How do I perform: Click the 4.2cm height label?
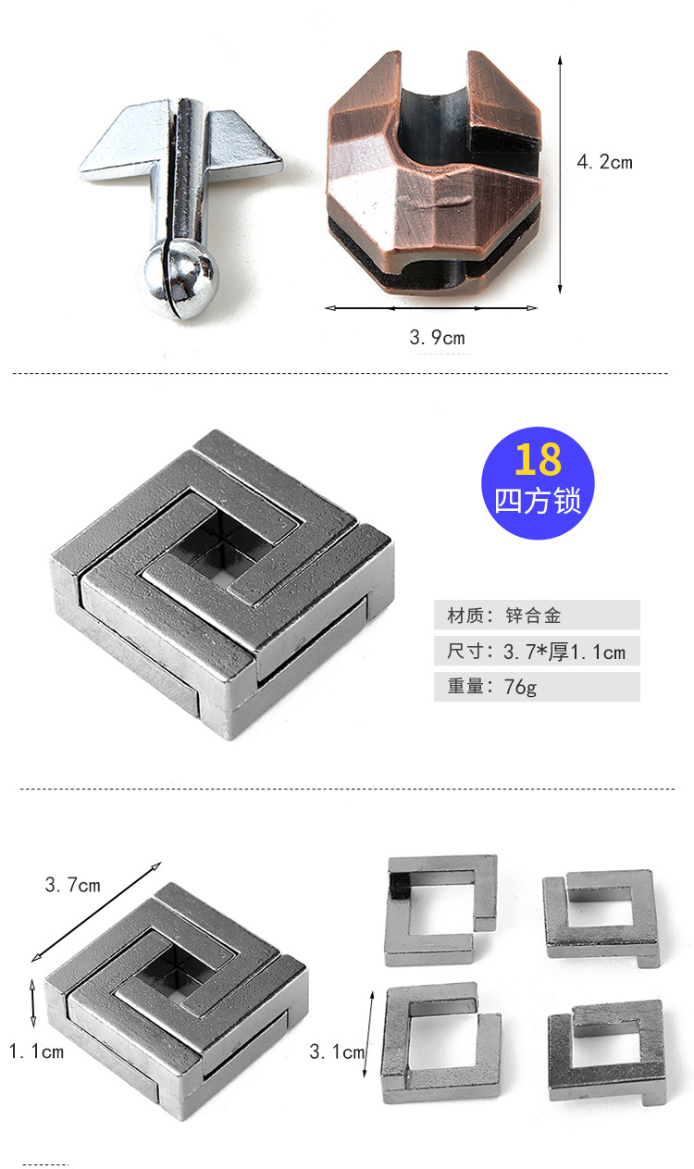tap(604, 162)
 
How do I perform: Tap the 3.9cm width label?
tap(437, 338)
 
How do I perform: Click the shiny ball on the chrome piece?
tap(180, 277)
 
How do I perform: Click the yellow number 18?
tap(538, 459)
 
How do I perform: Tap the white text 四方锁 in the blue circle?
tap(538, 501)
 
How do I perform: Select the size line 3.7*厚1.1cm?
tap(537, 652)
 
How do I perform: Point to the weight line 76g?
tap(537, 688)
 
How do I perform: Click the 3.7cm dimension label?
tap(72, 885)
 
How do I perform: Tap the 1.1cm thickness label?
tap(36, 1051)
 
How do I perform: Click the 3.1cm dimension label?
tap(337, 1051)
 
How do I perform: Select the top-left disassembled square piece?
tap(440, 908)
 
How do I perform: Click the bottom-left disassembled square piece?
tap(440, 1045)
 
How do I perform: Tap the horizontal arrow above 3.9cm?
tap(431, 308)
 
